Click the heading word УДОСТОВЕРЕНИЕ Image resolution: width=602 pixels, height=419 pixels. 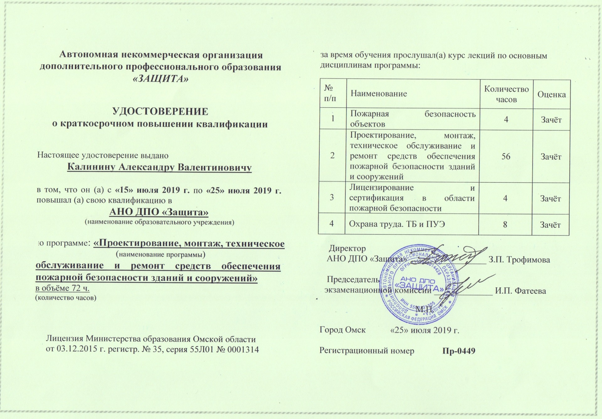tap(160, 112)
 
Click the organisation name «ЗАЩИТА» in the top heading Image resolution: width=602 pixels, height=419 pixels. tap(161, 79)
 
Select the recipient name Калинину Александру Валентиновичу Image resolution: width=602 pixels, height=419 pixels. tap(159, 167)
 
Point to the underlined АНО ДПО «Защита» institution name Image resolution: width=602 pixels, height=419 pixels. tap(159, 212)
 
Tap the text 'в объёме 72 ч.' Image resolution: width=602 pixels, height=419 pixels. tap(62, 288)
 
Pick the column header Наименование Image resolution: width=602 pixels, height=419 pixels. tap(378, 93)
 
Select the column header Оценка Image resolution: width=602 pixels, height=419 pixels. tap(552, 94)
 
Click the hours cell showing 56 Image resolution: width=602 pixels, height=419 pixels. tap(506, 156)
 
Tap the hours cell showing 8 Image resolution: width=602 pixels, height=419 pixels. tap(505, 224)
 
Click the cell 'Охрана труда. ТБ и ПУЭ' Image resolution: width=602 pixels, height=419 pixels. tap(397, 224)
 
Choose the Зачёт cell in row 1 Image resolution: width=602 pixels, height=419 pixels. tap(551, 120)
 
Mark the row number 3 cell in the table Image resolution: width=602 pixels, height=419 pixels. tap(332, 198)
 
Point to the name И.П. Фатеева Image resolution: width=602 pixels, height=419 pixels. tap(520, 291)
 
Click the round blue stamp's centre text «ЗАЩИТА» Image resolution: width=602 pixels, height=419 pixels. tap(419, 286)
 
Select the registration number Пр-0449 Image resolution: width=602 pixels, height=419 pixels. tap(459, 351)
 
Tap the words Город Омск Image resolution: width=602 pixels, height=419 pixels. tap(342, 330)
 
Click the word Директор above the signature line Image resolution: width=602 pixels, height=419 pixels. tap(347, 249)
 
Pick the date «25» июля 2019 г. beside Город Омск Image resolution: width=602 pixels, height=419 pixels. tap(425, 330)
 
